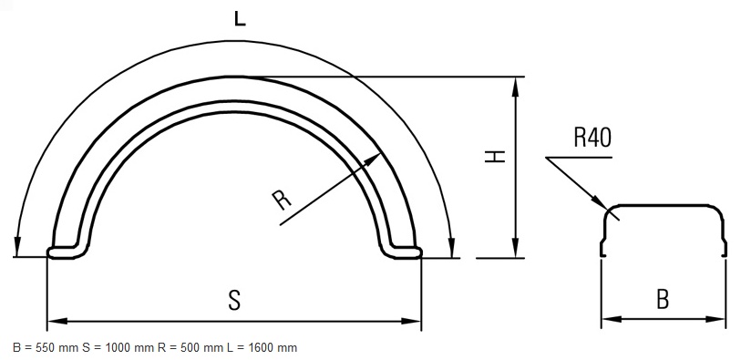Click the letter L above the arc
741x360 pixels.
click(x=240, y=18)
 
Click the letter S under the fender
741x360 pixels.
click(x=234, y=300)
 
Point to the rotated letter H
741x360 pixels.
click(x=495, y=157)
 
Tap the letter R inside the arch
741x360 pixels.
click(x=282, y=200)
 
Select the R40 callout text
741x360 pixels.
click(x=592, y=138)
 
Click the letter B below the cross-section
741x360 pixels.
click(x=663, y=299)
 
